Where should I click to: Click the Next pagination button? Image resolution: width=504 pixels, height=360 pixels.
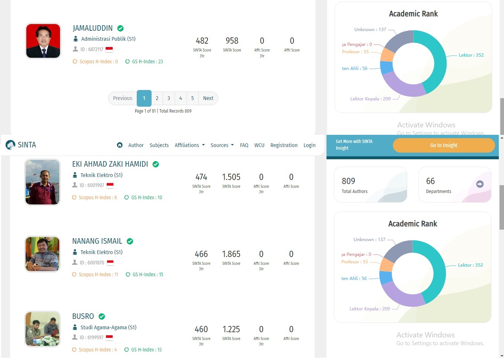click(x=208, y=98)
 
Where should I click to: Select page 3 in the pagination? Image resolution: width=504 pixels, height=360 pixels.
click(x=169, y=98)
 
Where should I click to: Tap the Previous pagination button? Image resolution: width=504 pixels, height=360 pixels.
click(x=123, y=98)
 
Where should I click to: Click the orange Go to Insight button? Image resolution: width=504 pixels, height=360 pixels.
click(x=444, y=145)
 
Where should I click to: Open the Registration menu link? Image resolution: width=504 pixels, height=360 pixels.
click(x=284, y=145)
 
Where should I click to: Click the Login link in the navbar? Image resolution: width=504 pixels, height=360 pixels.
click(x=309, y=145)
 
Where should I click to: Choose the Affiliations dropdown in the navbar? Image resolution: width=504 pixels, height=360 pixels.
click(x=189, y=145)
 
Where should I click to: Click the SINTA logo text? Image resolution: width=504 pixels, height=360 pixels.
click(x=27, y=145)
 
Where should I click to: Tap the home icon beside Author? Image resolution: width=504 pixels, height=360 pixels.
click(x=120, y=145)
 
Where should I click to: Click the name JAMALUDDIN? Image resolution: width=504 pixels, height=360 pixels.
click(x=93, y=28)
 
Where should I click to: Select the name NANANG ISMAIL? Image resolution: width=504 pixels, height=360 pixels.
click(x=97, y=241)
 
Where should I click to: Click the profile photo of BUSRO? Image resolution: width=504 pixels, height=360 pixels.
click(x=42, y=329)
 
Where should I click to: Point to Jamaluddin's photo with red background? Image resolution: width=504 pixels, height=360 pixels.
click(x=43, y=41)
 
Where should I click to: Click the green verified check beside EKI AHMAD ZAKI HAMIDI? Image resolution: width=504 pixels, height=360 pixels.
click(x=156, y=164)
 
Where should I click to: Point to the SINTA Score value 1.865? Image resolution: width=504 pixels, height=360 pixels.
click(x=231, y=254)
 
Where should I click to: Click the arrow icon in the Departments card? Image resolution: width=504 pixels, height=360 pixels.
click(x=480, y=184)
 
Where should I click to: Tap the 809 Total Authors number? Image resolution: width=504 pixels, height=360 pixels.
click(x=348, y=181)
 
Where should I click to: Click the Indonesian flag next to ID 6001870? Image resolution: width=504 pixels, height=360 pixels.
click(x=110, y=263)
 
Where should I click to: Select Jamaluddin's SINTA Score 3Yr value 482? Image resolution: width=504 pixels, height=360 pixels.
click(x=202, y=41)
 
